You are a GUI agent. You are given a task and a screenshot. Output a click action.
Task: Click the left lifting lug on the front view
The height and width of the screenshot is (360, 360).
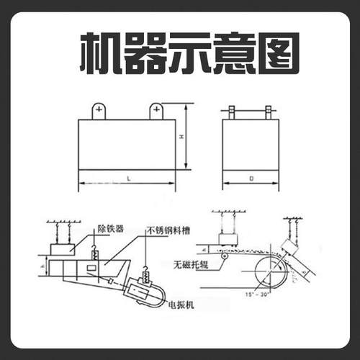point(99,112)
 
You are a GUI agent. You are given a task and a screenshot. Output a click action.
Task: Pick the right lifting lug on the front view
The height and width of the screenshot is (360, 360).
point(156,112)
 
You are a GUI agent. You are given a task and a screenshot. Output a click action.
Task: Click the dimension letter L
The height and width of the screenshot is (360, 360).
point(127,176)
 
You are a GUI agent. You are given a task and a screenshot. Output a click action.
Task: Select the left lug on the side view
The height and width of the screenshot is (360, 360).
point(231,113)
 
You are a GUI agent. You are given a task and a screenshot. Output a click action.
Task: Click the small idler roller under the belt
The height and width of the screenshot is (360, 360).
point(225,256)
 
